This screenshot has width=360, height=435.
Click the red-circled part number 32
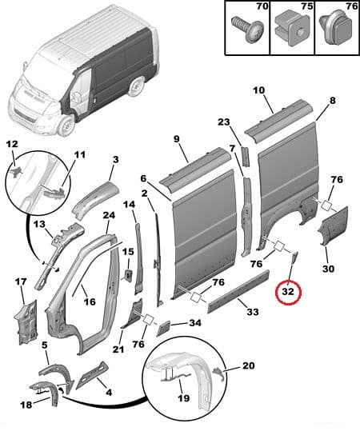point(287,294)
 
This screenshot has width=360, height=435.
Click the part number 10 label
point(258,90)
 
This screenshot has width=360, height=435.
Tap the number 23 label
point(223,122)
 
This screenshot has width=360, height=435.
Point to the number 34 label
point(195,323)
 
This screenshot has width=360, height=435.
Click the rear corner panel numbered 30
point(330,227)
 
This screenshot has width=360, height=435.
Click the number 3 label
point(115,160)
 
